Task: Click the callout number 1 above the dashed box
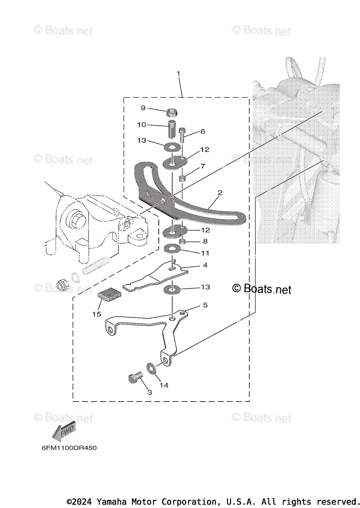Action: click(179, 73)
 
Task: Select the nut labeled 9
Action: click(171, 112)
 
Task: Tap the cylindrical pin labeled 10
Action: click(171, 129)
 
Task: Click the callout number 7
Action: click(203, 166)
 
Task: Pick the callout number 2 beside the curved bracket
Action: click(220, 193)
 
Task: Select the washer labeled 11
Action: click(173, 248)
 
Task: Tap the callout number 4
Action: click(205, 265)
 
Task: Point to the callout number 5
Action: click(205, 305)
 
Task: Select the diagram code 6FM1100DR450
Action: click(66, 448)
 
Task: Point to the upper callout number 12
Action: click(205, 149)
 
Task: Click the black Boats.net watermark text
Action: click(262, 289)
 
